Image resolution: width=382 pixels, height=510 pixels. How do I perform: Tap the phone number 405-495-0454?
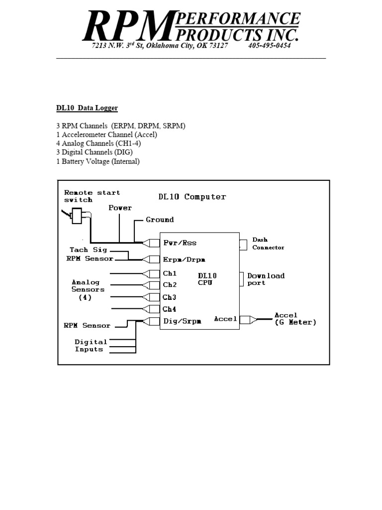pyautogui.click(x=269, y=46)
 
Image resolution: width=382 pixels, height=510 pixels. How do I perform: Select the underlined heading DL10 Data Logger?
pyautogui.click(x=87, y=108)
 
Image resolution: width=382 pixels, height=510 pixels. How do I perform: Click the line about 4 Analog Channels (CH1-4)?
pyautogui.click(x=98, y=143)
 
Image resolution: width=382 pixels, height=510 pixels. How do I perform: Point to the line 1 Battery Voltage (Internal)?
pyautogui.click(x=98, y=161)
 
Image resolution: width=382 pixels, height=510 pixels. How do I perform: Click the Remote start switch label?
pyautogui.click(x=92, y=196)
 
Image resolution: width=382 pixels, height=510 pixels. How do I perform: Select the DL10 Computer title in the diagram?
pyautogui.click(x=192, y=197)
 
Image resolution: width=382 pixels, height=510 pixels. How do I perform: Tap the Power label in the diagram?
pyautogui.click(x=120, y=208)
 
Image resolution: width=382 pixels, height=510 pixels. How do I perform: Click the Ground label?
pyautogui.click(x=160, y=220)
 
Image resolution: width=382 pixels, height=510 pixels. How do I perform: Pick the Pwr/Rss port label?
pyautogui.click(x=180, y=243)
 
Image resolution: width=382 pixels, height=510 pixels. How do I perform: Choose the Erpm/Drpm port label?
pyautogui.click(x=184, y=259)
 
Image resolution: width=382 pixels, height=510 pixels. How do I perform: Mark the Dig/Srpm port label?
pyautogui.click(x=183, y=321)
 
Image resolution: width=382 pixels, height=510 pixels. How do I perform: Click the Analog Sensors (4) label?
pyautogui.click(x=88, y=289)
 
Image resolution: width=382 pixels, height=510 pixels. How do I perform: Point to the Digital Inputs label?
pyautogui.click(x=91, y=346)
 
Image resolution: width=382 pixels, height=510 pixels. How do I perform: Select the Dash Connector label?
pyautogui.click(x=268, y=244)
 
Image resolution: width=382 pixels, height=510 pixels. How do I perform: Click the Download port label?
pyautogui.click(x=266, y=279)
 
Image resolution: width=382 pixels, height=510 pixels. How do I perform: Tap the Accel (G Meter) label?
pyautogui.click(x=295, y=319)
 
